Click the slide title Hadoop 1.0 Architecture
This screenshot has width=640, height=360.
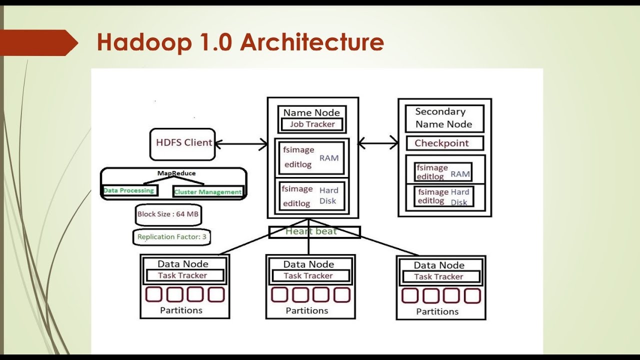click(240, 42)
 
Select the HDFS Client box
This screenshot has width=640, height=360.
click(183, 143)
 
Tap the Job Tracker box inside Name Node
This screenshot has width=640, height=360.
click(312, 124)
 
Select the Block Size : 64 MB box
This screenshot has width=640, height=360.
click(168, 214)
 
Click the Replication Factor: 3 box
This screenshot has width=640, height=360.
click(171, 237)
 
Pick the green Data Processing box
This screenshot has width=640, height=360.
click(129, 190)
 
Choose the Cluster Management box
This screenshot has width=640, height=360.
click(207, 192)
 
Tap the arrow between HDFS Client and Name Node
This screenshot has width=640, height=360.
click(241, 144)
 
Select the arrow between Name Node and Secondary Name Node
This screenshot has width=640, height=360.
click(378, 144)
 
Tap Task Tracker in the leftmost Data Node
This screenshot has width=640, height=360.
click(183, 275)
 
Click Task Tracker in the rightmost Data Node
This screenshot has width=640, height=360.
click(439, 276)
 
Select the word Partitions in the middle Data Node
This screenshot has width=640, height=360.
click(306, 310)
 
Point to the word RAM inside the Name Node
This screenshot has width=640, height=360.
click(329, 158)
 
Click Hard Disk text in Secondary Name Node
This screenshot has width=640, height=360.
click(459, 197)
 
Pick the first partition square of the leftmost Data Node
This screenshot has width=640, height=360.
click(154, 294)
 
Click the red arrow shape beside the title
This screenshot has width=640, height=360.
click(37, 42)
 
